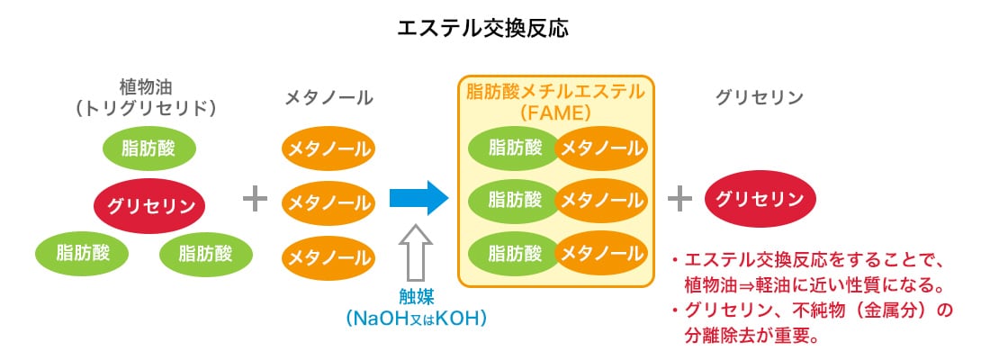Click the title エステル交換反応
495,29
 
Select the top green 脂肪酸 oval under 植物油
150,149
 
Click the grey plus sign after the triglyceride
256,200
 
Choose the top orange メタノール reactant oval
328,149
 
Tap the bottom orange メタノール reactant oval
328,257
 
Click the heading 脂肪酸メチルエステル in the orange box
555,91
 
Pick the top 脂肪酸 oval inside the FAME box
513,148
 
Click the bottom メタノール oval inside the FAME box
601,253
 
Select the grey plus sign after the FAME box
680,200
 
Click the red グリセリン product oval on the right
760,200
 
